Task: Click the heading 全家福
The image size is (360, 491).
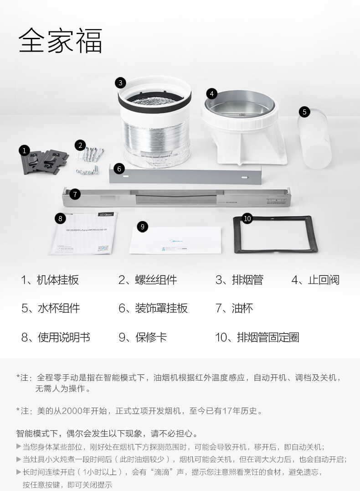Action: pyautogui.click(x=60, y=41)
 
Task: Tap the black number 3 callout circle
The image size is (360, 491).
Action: pyautogui.click(x=120, y=83)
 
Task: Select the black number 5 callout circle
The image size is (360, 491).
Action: pyautogui.click(x=305, y=112)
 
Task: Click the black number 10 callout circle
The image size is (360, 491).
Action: pyautogui.click(x=247, y=218)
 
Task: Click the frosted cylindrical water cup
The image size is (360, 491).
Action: pyautogui.click(x=315, y=139)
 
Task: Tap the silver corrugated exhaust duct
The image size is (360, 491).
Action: pyautogui.click(x=156, y=134)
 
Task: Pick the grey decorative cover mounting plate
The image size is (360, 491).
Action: pyautogui.click(x=185, y=175)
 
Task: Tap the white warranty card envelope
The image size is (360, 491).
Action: pyautogui.click(x=175, y=240)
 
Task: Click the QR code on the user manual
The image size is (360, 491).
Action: pyautogui.click(x=103, y=248)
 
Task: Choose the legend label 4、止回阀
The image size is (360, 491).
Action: pyautogui.click(x=315, y=280)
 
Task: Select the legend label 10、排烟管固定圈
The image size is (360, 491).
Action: pyautogui.click(x=257, y=337)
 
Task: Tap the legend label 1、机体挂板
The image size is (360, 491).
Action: pyautogui.click(x=50, y=280)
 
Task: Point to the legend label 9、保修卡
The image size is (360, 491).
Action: pyautogui.click(x=143, y=337)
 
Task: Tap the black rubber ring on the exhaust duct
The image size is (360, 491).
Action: pyautogui.click(x=155, y=104)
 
